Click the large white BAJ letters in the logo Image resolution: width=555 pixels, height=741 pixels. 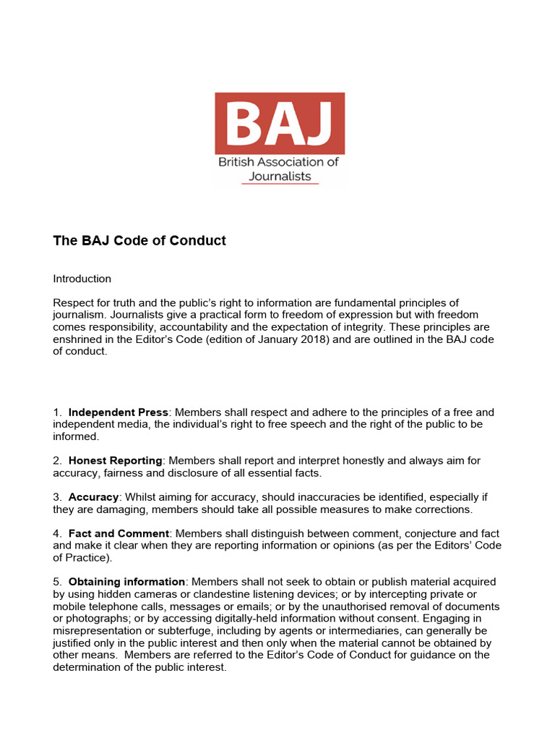279,124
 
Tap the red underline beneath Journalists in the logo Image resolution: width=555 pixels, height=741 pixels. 280,184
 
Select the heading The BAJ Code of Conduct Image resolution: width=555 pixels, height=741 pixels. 139,241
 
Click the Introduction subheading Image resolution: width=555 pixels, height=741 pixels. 82,279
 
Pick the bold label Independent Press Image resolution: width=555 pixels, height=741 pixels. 119,412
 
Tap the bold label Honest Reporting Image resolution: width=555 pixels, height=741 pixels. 116,461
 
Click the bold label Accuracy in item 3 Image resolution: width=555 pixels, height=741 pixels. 93,497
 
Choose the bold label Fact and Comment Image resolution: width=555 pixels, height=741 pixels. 119,533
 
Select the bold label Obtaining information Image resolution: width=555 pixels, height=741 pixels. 126,582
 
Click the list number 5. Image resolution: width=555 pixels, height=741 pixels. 56,582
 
